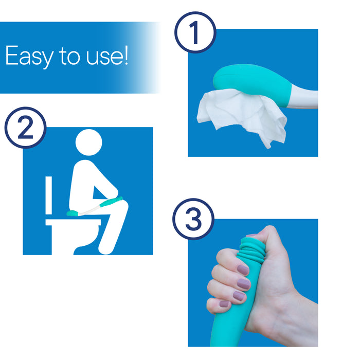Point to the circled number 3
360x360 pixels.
coord(192,220)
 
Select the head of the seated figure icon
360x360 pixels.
coord(89,142)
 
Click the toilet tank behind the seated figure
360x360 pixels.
coord(49,195)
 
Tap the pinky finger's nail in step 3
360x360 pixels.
coord(224,304)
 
